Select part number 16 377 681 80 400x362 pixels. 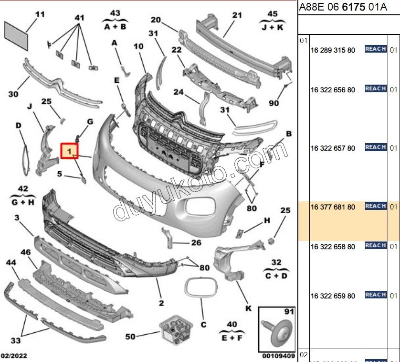[333, 207]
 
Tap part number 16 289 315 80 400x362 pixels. [333, 50]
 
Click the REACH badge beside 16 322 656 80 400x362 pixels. [376, 88]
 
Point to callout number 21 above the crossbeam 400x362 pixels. [237, 15]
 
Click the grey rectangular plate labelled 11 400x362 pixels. [17, 33]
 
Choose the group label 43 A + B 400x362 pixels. [115, 20]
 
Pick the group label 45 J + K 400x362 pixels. [272, 21]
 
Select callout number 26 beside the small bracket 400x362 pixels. [196, 242]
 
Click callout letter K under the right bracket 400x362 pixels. [248, 308]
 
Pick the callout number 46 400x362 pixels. [26, 252]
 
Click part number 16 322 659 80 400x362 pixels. [333, 296]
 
